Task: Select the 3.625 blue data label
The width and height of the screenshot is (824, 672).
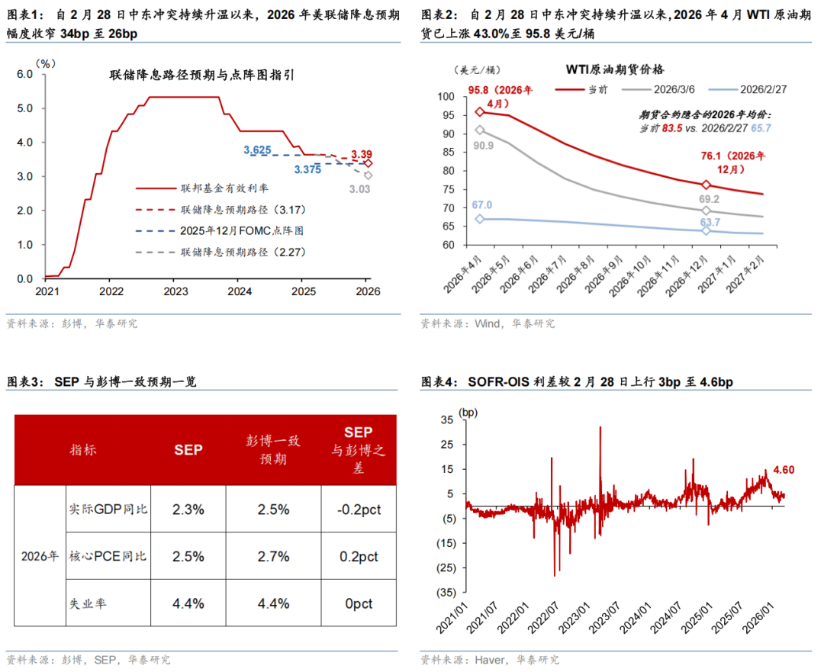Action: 258,150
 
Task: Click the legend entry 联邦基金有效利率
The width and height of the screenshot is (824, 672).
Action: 213,188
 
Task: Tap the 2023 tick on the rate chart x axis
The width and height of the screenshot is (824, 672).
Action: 175,291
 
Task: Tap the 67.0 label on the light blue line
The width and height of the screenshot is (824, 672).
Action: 482,204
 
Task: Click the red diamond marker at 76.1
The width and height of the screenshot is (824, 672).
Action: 706,185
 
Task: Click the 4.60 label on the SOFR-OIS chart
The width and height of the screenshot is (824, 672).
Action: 784,470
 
